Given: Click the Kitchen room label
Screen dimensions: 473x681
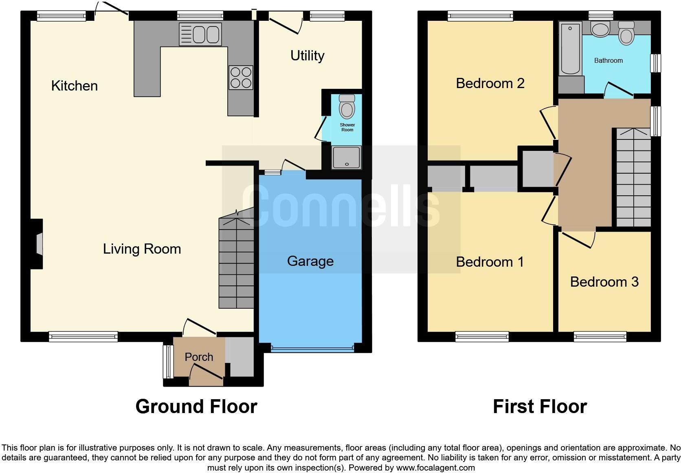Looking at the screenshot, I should [x=75, y=86].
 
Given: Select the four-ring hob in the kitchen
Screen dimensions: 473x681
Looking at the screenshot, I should [x=241, y=77].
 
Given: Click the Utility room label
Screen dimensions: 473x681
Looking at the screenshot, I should [x=307, y=55].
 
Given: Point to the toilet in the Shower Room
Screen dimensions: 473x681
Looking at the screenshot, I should [x=347, y=107].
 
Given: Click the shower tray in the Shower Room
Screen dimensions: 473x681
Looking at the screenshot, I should [x=347, y=157].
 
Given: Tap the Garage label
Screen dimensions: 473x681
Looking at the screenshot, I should [x=310, y=261].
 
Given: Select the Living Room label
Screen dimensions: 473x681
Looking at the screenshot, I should [x=142, y=249].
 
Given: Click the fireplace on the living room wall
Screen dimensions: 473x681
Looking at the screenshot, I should [x=39, y=244].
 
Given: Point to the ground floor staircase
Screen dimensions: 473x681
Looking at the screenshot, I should [x=236, y=263].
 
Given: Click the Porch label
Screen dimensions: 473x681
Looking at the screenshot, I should [x=199, y=357].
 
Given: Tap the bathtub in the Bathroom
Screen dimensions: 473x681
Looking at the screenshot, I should [x=570, y=49].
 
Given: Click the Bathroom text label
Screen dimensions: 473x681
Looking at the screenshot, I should [x=608, y=60].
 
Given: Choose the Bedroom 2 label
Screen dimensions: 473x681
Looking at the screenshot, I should [x=490, y=83].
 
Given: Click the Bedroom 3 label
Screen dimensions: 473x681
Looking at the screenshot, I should [x=604, y=282].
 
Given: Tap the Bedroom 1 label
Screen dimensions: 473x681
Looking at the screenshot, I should [x=490, y=262].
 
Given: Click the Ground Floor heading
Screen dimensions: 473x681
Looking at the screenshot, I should [x=196, y=407].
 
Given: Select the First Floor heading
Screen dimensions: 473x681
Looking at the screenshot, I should [x=540, y=407].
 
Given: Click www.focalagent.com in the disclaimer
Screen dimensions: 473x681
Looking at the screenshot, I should [x=435, y=468].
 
